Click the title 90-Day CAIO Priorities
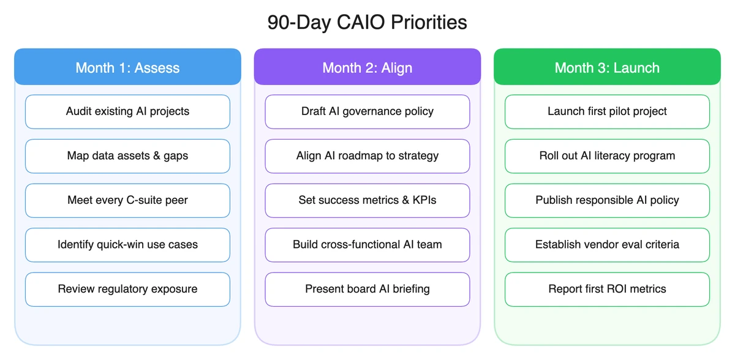coord(367,23)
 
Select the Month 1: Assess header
coord(127,67)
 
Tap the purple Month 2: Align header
coord(367,67)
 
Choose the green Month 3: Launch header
coord(607,67)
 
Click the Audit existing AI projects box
coord(127,111)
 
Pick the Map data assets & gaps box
coord(127,156)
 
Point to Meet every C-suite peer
coord(127,200)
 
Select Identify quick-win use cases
coord(127,245)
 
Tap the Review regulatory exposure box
coord(127,289)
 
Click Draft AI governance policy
coord(367,111)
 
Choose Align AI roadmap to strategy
coord(367,156)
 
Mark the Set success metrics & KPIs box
coord(367,200)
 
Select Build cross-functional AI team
coord(367,245)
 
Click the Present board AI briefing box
coord(367,289)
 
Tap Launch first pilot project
coord(607,111)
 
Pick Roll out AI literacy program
coord(607,156)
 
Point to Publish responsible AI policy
coord(607,200)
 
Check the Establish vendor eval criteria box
coord(607,245)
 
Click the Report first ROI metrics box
coord(607,289)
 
